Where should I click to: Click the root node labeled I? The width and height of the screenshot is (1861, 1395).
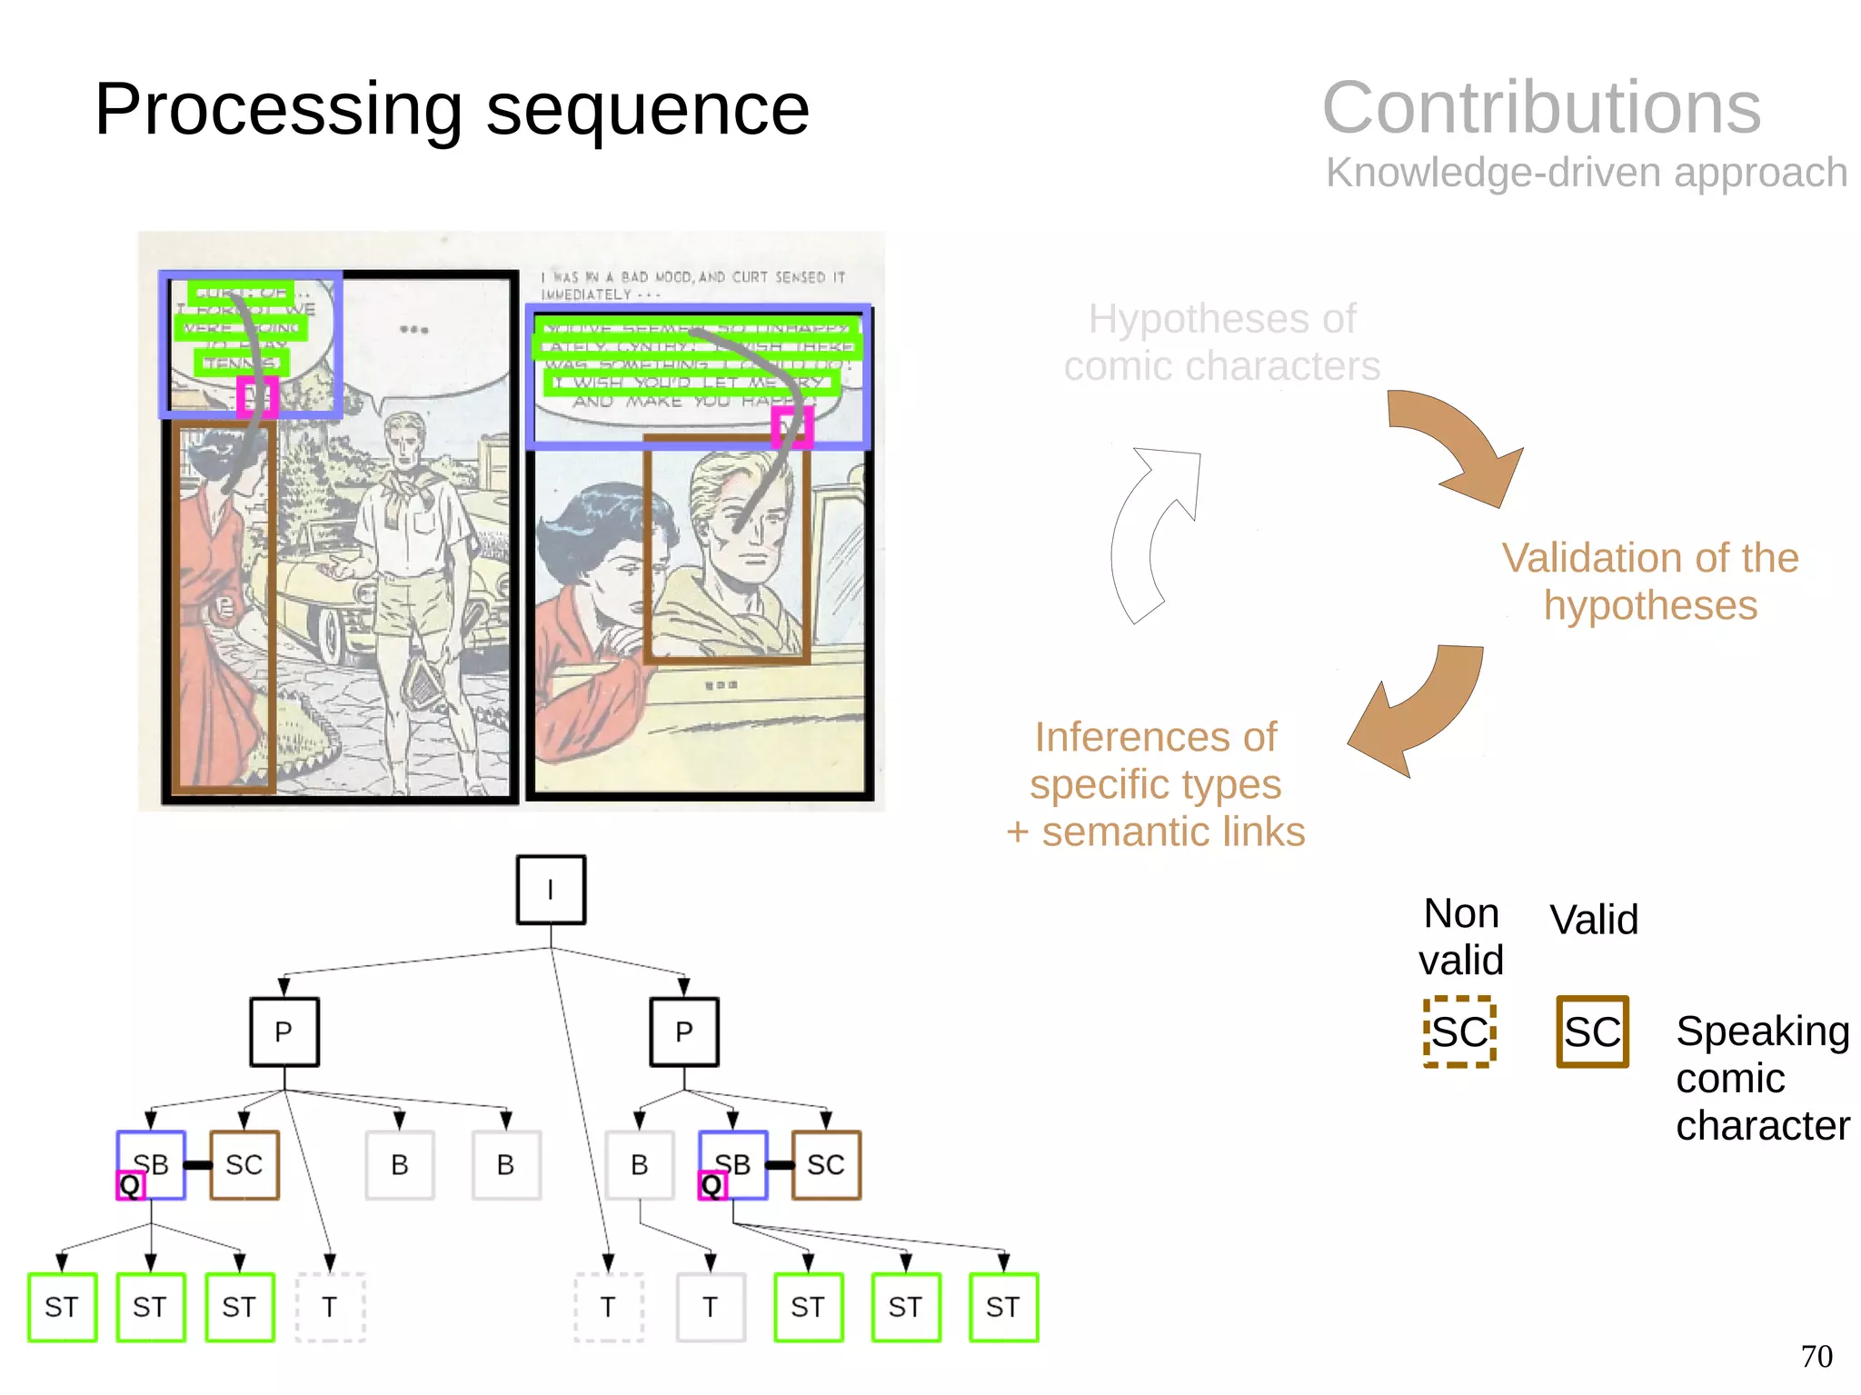[x=551, y=890]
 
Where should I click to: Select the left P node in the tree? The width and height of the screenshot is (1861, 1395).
[x=284, y=1031]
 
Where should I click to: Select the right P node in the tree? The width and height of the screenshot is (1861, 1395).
[x=684, y=1031]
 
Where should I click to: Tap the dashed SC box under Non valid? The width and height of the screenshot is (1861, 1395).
[x=1459, y=1031]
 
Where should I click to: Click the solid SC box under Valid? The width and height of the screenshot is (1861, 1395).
[x=1592, y=1031]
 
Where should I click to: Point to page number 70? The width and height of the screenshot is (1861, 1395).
[x=1816, y=1356]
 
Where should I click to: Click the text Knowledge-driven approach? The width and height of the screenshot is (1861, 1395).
[x=1586, y=172]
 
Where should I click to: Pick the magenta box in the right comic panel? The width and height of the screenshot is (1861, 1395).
[x=791, y=426]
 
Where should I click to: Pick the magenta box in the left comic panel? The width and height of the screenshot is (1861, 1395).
[x=256, y=396]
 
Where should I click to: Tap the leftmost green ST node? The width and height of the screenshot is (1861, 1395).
[x=62, y=1307]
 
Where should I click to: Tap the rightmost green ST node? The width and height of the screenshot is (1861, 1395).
[x=1003, y=1307]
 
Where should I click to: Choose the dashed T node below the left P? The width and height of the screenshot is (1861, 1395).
[x=330, y=1307]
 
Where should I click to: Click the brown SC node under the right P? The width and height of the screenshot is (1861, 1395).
[x=825, y=1164]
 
